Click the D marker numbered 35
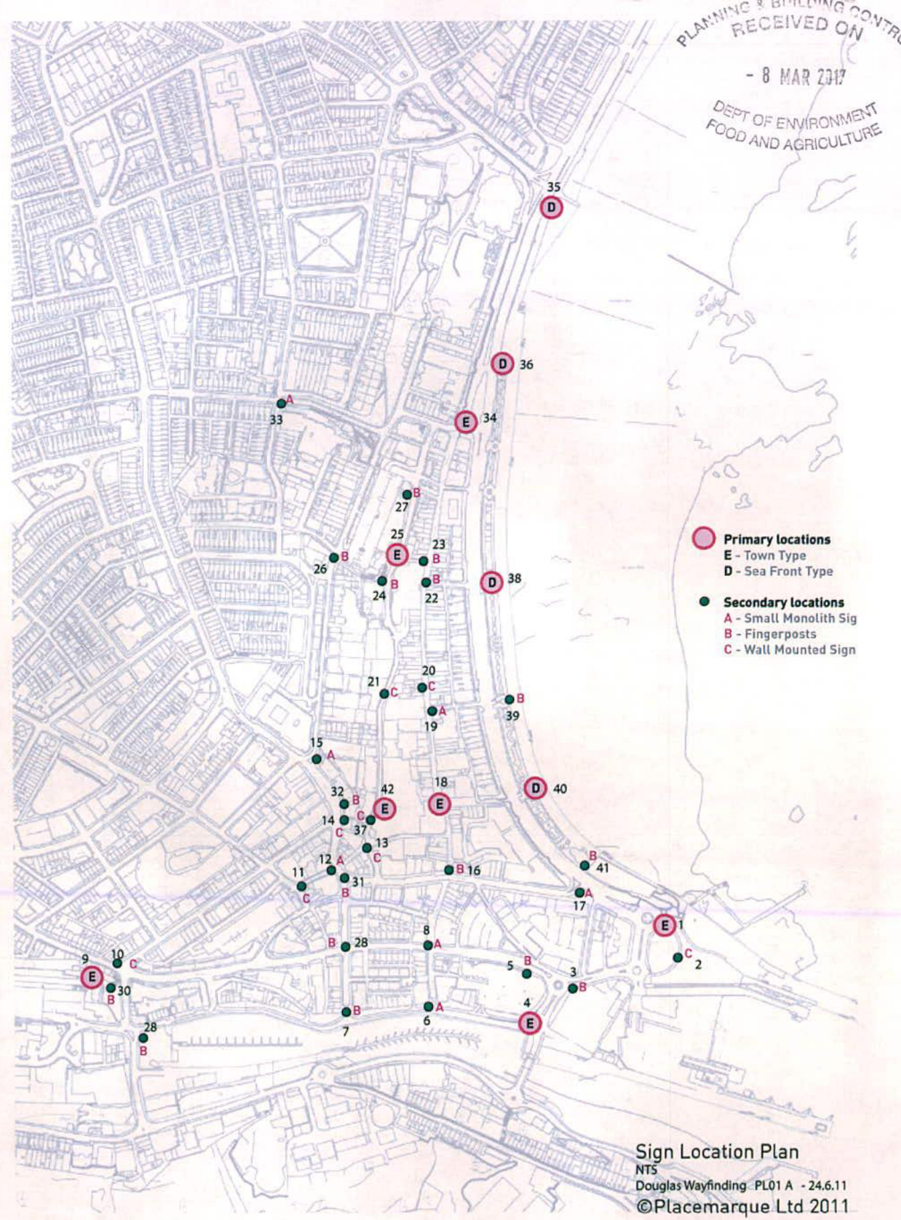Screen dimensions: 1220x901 [x=551, y=208]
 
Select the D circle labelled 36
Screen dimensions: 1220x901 [x=502, y=364]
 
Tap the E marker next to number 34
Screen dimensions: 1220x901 [x=466, y=422]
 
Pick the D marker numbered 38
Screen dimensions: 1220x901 [x=492, y=583]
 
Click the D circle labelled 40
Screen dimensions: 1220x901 [x=535, y=788]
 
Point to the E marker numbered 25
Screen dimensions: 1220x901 [x=397, y=554]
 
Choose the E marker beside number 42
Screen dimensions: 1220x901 [x=384, y=809]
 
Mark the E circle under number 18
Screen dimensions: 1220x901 [x=439, y=804]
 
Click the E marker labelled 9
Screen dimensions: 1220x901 [x=92, y=978]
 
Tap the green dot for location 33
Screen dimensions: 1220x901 [x=282, y=404]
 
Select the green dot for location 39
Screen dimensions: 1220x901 [x=509, y=700]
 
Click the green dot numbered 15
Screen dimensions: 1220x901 [x=317, y=759]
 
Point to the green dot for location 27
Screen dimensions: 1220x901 [x=407, y=495]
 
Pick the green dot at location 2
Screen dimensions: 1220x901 [x=677, y=958]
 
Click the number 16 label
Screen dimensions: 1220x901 [x=474, y=870]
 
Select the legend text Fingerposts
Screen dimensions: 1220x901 [x=780, y=634]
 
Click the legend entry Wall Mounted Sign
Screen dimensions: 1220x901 [x=799, y=650]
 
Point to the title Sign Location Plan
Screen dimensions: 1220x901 [x=716, y=1152]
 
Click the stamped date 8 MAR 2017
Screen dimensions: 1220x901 [x=796, y=76]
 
